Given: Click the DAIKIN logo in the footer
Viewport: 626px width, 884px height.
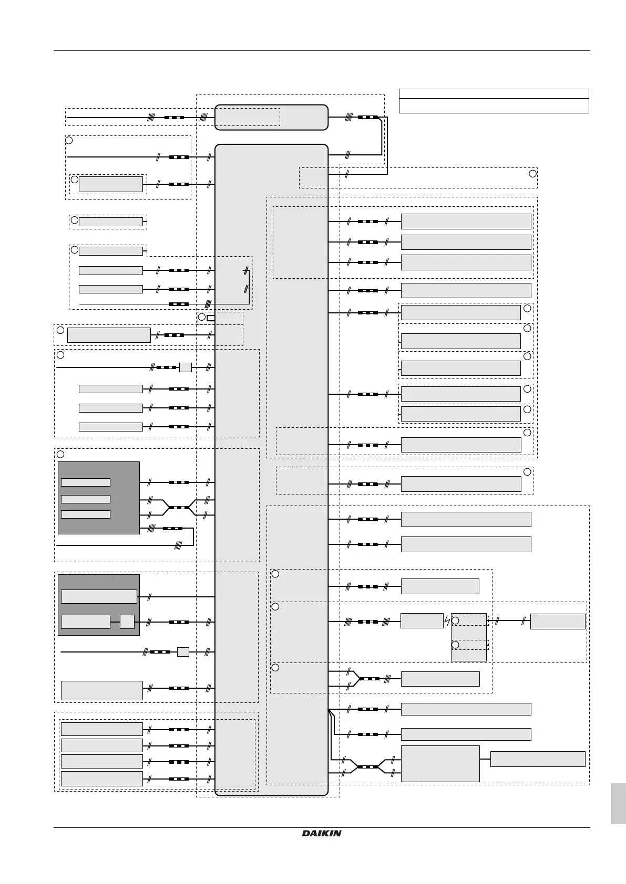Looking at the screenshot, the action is [322, 833].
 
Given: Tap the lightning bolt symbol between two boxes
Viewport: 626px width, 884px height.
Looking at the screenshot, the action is [447, 621].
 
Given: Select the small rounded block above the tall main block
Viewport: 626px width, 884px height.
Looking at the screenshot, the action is [271, 117].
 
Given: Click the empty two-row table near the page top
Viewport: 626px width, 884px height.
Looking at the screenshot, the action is [494, 101].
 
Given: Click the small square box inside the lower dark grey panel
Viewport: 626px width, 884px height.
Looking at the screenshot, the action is [127, 622].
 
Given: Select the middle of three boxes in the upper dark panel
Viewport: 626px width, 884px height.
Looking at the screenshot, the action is [86, 499].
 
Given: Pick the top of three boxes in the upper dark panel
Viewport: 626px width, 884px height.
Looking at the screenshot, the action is [86, 482].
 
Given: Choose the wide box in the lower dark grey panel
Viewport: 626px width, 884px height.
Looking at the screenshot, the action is [99, 596].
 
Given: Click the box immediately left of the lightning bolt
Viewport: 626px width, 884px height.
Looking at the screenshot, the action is [422, 621].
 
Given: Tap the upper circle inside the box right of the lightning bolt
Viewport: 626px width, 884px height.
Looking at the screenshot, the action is [456, 621].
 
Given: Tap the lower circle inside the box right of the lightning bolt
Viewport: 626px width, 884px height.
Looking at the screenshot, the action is [456, 644].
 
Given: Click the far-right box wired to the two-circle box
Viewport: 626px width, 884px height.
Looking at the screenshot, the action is [558, 621].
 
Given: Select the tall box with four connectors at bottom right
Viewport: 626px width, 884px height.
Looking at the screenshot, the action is [440, 763].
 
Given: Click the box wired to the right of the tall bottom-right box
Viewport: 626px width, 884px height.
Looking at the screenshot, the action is [537, 759].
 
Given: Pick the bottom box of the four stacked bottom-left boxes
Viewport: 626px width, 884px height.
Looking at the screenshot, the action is [101, 778].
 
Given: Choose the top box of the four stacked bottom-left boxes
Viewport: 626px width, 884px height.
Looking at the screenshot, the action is [101, 729].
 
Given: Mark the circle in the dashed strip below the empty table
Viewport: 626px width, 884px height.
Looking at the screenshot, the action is [532, 174].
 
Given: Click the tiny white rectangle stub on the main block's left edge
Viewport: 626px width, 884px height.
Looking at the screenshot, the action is [211, 318].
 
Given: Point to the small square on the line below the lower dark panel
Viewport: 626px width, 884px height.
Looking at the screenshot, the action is [183, 652].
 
